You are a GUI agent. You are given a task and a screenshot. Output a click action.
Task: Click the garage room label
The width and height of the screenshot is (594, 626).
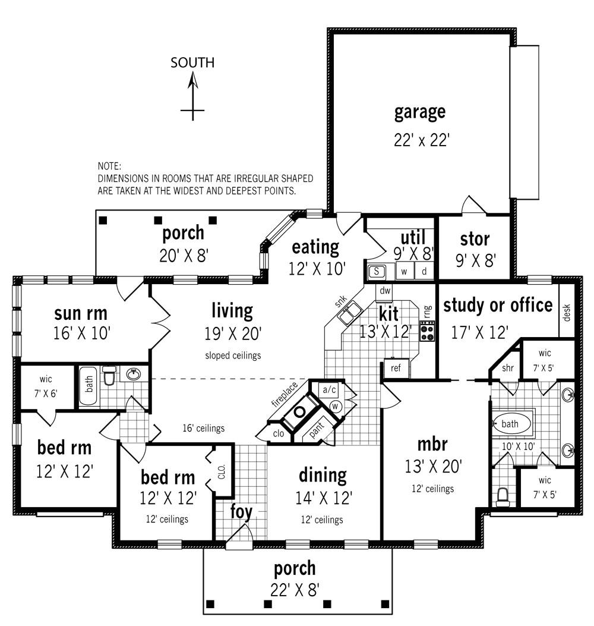(x=419, y=112)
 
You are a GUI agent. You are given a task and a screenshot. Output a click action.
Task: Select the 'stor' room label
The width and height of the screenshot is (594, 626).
(x=475, y=239)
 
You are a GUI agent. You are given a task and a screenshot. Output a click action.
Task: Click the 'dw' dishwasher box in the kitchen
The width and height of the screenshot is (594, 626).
(x=384, y=291)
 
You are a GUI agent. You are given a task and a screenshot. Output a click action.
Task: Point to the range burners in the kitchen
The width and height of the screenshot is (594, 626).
(x=427, y=331)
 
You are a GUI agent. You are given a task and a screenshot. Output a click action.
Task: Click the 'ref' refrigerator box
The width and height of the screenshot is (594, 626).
(x=396, y=367)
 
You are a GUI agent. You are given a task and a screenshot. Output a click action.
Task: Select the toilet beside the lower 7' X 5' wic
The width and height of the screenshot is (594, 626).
(x=503, y=496)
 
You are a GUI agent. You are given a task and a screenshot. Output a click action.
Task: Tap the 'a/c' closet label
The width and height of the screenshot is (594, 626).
(x=328, y=389)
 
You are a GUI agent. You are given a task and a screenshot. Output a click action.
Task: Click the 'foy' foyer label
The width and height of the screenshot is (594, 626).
(x=242, y=511)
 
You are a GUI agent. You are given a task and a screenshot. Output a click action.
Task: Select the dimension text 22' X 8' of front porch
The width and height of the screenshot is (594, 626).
(x=295, y=590)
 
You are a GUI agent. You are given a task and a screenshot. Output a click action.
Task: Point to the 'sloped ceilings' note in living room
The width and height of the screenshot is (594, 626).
(x=233, y=356)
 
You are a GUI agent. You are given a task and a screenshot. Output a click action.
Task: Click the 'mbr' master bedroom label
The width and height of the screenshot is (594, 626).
(x=432, y=443)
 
